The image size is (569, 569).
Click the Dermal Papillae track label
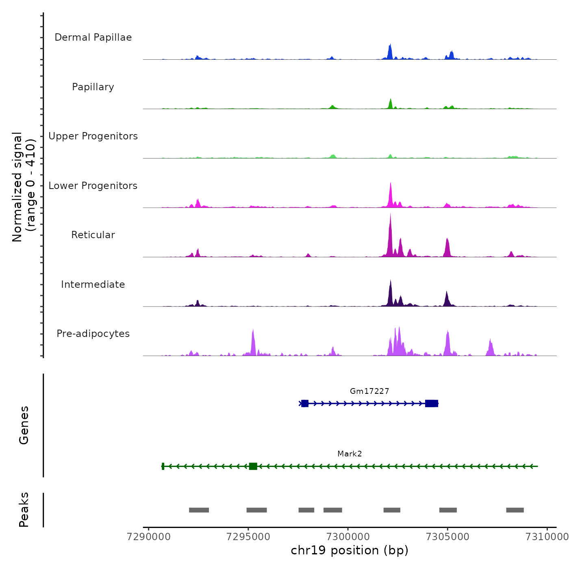[x=93, y=37]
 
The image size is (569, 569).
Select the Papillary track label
[x=93, y=87]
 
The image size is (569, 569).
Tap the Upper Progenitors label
[x=93, y=136]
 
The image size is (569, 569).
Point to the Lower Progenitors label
[x=93, y=186]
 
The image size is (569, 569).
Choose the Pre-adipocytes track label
[x=93, y=334]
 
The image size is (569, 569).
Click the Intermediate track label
[x=93, y=284]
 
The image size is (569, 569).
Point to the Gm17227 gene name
[x=369, y=391]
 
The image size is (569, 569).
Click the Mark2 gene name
[x=350, y=454]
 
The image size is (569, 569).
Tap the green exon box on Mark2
[x=253, y=466]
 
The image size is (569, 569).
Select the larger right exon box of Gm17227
[x=432, y=403]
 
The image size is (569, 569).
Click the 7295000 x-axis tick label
[x=248, y=536]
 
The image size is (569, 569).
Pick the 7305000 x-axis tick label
[x=447, y=536]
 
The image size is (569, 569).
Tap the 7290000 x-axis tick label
[x=149, y=536]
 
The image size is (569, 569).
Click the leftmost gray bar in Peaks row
[x=199, y=510]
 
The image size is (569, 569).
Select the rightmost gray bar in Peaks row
[x=515, y=510]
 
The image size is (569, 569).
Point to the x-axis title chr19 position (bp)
[x=350, y=550]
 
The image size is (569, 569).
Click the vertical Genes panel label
[x=24, y=425]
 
